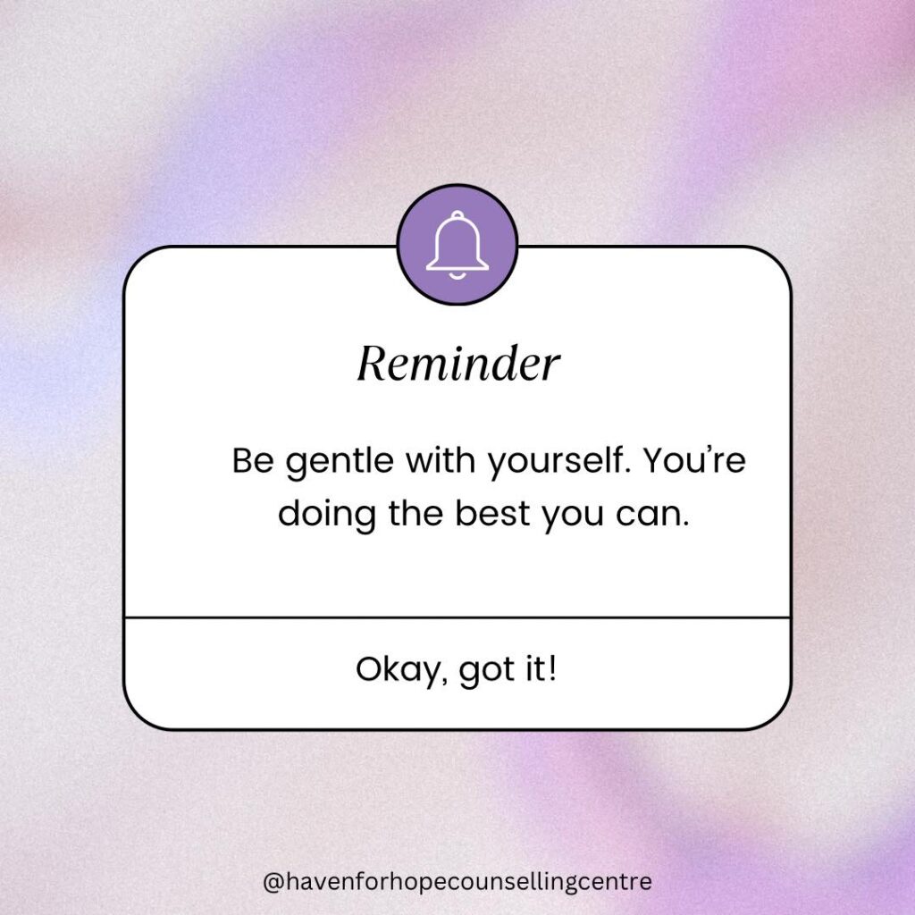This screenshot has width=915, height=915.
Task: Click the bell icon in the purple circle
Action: pyautogui.click(x=457, y=245)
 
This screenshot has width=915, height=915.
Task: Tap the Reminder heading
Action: pyautogui.click(x=458, y=364)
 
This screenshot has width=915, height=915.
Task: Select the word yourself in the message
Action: pyautogui.click(x=559, y=462)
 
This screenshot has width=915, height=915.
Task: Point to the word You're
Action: pyautogui.click(x=694, y=460)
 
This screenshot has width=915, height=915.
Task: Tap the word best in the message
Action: pyautogui.click(x=492, y=514)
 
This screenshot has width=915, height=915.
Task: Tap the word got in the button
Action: pyautogui.click(x=487, y=671)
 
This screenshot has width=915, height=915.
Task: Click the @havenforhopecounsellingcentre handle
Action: pyautogui.click(x=457, y=881)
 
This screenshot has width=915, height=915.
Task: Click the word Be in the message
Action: pyautogui.click(x=253, y=460)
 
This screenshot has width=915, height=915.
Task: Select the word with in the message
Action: pyautogui.click(x=441, y=460)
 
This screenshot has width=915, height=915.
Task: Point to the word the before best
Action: pyautogui.click(x=416, y=514)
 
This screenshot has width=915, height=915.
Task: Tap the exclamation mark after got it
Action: pyautogui.click(x=552, y=668)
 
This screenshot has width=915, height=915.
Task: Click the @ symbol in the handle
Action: pyautogui.click(x=273, y=882)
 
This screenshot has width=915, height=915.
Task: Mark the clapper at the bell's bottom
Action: pyautogui.click(x=457, y=275)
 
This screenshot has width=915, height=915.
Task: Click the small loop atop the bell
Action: pyautogui.click(x=457, y=216)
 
